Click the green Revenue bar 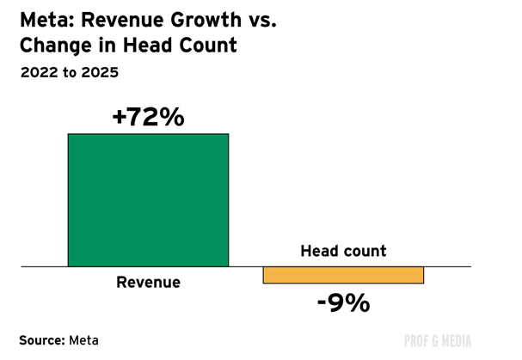coord(148,200)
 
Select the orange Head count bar coord(343,275)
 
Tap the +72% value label coord(148,117)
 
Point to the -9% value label coord(343,302)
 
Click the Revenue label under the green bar coord(148,282)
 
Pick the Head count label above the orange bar coord(343,252)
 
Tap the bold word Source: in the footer coord(42,340)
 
